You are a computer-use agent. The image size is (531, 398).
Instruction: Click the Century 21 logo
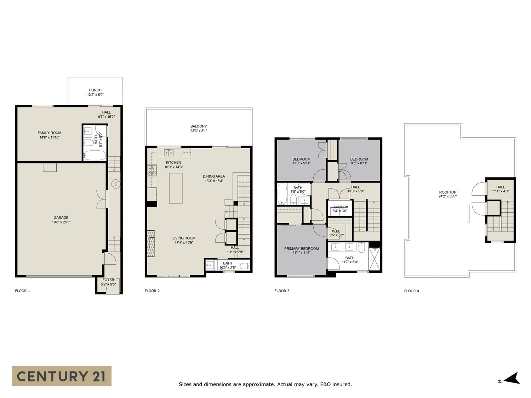tap(62, 376)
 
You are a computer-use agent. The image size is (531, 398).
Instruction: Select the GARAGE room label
tap(61, 218)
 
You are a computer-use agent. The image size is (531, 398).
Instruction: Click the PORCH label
tap(95, 90)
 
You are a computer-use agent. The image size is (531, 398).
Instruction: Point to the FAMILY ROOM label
tap(49, 133)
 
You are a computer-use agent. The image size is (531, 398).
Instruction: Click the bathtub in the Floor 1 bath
tap(95, 155)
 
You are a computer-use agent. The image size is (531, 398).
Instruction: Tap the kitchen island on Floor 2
tap(176, 188)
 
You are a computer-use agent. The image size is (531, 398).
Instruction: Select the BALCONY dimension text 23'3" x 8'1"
tap(199, 131)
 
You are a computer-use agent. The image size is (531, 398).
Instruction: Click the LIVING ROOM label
tap(184, 238)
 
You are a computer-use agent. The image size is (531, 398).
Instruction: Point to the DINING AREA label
tap(213, 177)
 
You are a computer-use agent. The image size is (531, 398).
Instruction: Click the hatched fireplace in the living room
tap(151, 244)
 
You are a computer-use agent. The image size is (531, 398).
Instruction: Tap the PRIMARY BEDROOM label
tap(301, 248)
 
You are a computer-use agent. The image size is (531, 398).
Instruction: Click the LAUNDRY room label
tap(339, 207)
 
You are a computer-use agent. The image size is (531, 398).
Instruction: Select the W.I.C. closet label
tap(337, 231)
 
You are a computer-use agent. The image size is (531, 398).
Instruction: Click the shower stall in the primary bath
tap(374, 259)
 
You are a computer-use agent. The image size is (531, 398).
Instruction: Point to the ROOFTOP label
tap(447, 192)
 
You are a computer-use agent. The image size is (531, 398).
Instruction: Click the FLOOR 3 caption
tap(282, 291)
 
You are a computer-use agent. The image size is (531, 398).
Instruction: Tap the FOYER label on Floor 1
tap(108, 280)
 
